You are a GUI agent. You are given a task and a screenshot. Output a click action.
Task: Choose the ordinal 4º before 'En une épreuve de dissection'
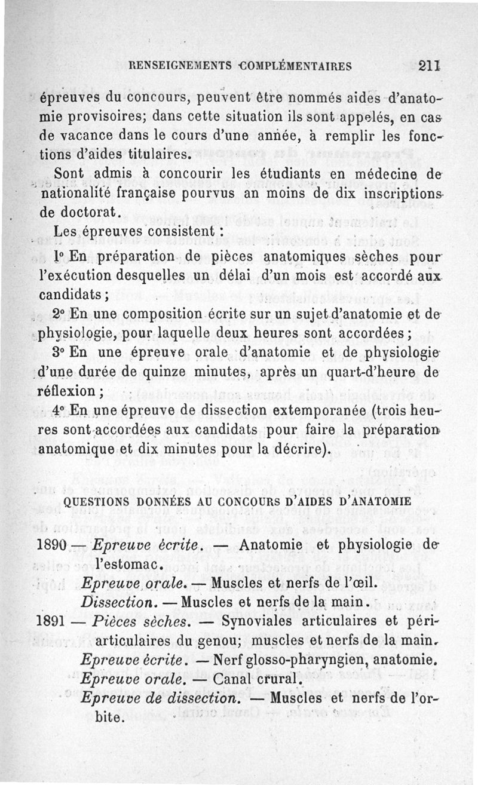pos(60,411)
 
